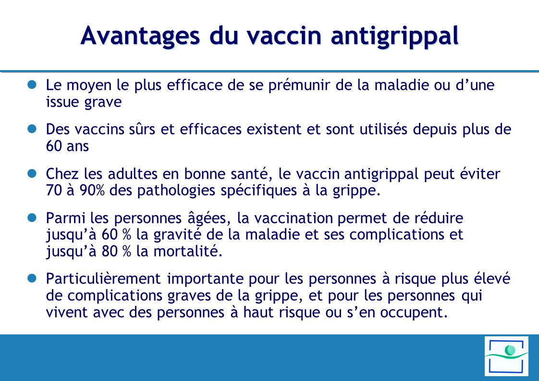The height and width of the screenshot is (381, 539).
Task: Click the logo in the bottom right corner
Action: pyautogui.click(x=506, y=356)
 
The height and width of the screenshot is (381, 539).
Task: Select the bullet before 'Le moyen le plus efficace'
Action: pyautogui.click(x=32, y=84)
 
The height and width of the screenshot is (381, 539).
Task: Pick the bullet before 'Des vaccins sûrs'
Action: pyautogui.click(x=32, y=128)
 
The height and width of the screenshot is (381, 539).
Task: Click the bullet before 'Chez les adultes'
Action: pyautogui.click(x=32, y=173)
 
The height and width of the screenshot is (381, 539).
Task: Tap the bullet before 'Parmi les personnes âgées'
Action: pyautogui.click(x=32, y=218)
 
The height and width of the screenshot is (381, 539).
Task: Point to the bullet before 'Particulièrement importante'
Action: pyautogui.click(x=32, y=278)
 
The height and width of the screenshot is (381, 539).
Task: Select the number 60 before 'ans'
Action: pyautogui.click(x=53, y=146)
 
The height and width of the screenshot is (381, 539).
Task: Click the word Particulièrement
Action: pyautogui.click(x=103, y=279)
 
